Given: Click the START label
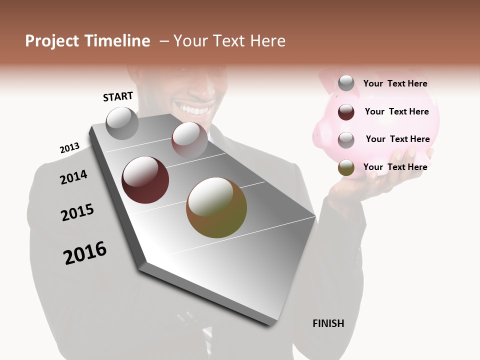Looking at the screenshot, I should [118, 96].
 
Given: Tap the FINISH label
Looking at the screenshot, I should [328, 323].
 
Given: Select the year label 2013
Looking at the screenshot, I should [69, 148].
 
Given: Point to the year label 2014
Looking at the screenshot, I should [73, 177].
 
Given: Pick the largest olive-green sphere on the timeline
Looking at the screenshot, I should [216, 207].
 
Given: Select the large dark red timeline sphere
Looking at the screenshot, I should [145, 180].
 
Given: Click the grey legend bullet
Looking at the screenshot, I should [346, 83].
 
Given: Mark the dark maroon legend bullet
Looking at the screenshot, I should [346, 112].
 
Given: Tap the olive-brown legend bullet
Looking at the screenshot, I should [346, 168].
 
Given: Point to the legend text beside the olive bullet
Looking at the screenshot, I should [395, 167].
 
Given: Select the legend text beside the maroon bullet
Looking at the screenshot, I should [397, 111].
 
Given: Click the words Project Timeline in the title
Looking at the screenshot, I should [87, 41].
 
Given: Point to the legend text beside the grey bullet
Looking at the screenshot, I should [395, 83].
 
